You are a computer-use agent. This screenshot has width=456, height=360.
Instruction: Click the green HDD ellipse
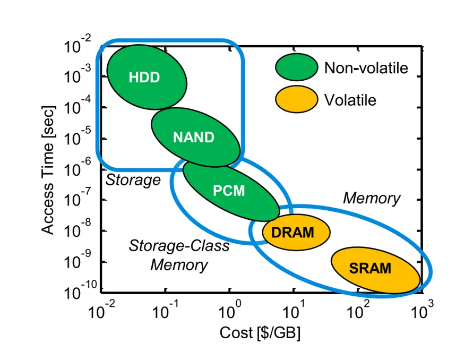(147, 76)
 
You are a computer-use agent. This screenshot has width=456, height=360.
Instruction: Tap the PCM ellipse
(230, 191)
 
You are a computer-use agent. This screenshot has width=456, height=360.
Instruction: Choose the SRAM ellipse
(375, 268)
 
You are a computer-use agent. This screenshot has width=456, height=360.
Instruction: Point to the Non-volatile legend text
(366, 68)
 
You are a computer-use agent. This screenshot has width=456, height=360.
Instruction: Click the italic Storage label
(133, 180)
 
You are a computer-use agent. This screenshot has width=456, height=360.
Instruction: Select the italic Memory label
(372, 199)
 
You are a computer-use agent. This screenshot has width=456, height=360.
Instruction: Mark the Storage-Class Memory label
(179, 255)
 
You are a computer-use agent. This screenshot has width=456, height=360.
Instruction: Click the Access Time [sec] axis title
(48, 169)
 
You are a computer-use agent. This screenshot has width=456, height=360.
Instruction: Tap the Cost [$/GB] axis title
(261, 333)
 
